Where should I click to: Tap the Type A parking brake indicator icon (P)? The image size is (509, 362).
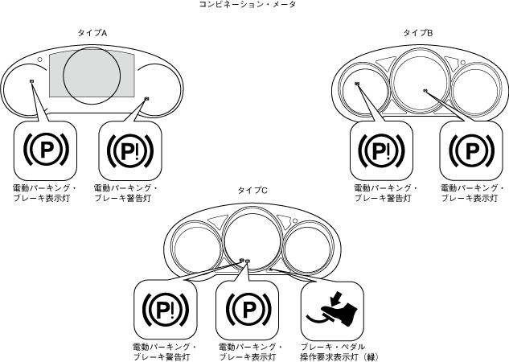click(44, 150)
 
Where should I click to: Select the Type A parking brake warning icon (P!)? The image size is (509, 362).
click(128, 150)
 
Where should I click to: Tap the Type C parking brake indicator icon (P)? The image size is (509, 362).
click(248, 308)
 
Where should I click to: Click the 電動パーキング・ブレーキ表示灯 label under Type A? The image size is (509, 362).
click(40, 192)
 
